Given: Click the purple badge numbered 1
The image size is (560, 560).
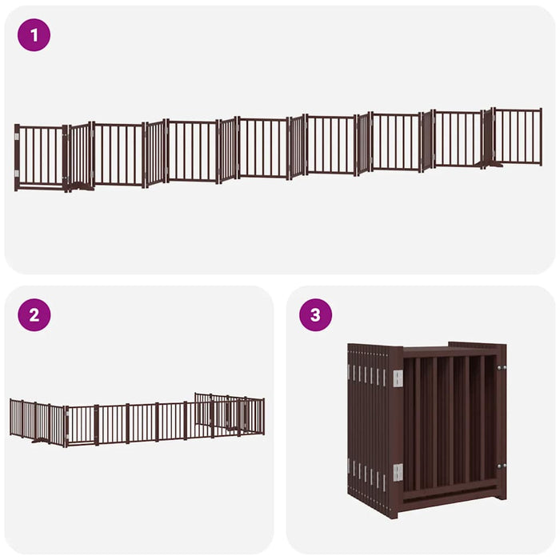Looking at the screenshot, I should (34, 35).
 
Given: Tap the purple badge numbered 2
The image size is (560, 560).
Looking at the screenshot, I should (34, 314).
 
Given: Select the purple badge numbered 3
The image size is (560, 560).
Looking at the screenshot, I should (315, 314).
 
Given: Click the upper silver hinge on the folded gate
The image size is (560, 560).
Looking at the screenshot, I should (397, 378).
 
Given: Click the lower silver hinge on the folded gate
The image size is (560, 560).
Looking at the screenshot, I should (397, 473).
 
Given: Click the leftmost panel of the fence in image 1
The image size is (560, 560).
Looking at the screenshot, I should (40, 157).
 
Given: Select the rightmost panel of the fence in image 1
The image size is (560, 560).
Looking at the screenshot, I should (518, 136).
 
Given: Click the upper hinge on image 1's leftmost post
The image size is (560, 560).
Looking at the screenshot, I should (17, 138).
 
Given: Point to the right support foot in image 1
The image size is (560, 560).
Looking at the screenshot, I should (487, 166).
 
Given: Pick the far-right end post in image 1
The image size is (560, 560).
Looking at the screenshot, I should (541, 137).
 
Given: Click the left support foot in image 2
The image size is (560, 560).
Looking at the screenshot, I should (40, 439).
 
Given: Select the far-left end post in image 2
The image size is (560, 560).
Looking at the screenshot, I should (11, 417).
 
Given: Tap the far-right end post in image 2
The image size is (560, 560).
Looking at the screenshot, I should (262, 416).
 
